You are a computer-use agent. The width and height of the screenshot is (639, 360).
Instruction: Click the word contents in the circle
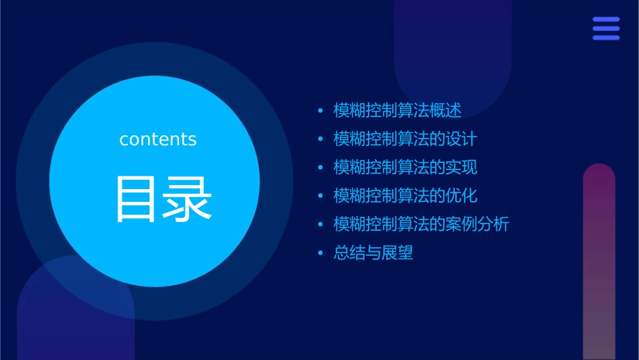(158, 139)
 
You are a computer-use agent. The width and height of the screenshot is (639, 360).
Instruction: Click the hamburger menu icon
(605, 29)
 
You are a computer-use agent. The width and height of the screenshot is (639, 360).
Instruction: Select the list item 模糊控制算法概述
(397, 111)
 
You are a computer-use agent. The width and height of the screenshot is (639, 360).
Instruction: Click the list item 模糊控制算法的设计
(405, 139)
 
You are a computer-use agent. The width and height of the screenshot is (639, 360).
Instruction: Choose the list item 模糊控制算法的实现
(405, 168)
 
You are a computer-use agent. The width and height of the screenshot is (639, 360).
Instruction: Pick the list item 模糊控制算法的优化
(405, 196)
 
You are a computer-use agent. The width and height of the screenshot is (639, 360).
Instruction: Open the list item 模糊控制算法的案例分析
(421, 224)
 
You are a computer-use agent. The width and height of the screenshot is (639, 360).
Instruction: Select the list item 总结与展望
(373, 253)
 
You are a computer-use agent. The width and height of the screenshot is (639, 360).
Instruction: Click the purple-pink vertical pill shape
(599, 262)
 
